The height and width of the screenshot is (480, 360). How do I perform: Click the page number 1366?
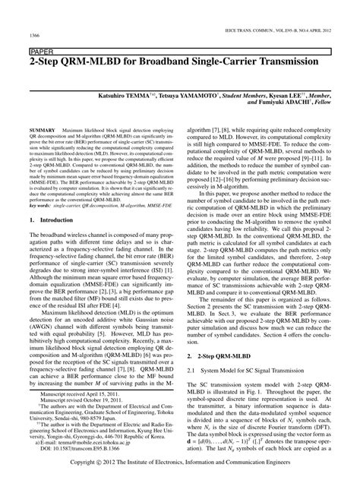point(35,35)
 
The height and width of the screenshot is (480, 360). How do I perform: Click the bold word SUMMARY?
point(41,131)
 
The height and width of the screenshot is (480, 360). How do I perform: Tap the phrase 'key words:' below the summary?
point(42,206)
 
